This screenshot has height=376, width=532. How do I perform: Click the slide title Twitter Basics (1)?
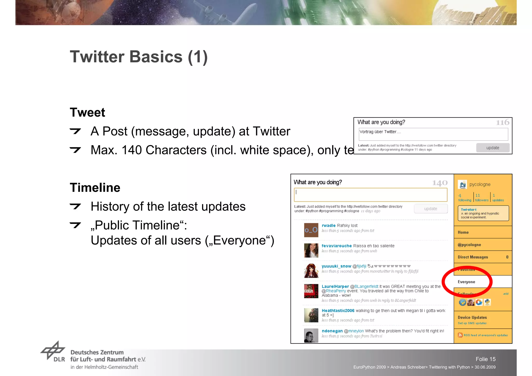(x=139, y=57)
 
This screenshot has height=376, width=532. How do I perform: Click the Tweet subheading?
(x=87, y=113)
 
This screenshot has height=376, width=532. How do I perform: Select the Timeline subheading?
(x=95, y=188)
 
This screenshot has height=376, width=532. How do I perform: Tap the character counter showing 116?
(x=502, y=122)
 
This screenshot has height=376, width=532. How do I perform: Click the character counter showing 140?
(x=440, y=183)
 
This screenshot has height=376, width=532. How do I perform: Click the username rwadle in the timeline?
(x=328, y=226)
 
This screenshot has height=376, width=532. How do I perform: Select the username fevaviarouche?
(x=336, y=246)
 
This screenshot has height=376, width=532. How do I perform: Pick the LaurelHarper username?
(x=335, y=286)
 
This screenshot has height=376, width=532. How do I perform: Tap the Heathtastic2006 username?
(x=338, y=311)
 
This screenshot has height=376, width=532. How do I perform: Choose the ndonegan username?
(x=332, y=331)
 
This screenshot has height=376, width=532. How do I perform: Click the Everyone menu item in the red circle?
(x=466, y=282)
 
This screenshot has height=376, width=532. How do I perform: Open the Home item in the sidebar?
(x=463, y=232)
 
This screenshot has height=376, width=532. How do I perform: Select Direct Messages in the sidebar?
(x=473, y=257)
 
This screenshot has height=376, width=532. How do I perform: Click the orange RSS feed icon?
(x=460, y=335)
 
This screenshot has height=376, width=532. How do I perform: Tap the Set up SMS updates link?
(x=472, y=323)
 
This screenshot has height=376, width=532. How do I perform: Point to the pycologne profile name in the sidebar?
(x=480, y=184)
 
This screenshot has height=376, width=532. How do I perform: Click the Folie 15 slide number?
(x=486, y=359)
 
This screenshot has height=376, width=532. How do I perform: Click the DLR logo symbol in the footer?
(x=53, y=350)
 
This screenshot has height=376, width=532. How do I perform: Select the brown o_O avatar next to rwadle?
(x=311, y=230)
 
